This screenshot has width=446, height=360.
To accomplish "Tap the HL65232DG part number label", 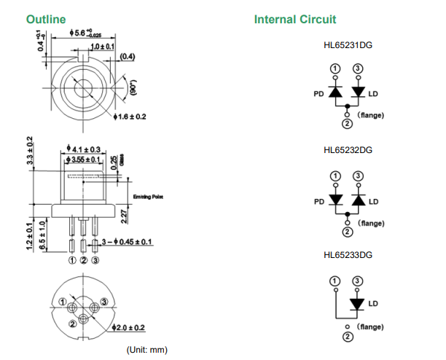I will pos(348,150).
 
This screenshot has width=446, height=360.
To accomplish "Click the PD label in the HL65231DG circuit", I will pos(318,94).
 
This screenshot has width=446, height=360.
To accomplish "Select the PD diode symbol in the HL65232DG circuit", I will pos(335,200).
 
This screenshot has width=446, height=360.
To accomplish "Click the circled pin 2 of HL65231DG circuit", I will pos(347,123).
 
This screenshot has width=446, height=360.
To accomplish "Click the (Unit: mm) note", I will pos(146,350).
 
